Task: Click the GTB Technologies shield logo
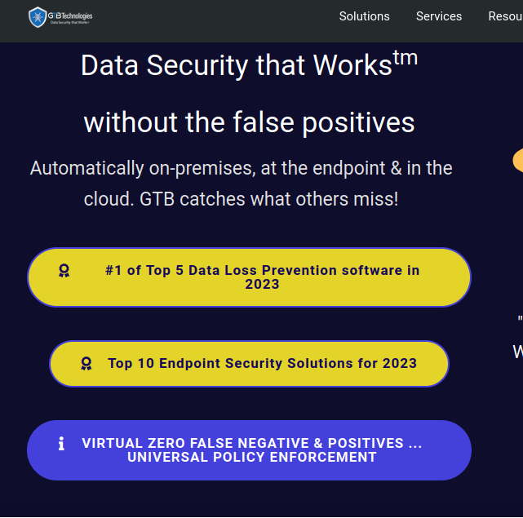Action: coord(38,16)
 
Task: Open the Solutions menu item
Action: coord(364,16)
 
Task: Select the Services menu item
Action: coord(439,16)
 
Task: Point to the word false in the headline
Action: coord(256,123)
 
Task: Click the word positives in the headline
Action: coord(359,123)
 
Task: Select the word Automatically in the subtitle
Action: coord(86,168)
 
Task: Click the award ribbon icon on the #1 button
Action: coord(64,270)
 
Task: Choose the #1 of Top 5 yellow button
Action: coord(249,277)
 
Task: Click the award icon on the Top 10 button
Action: coord(86,363)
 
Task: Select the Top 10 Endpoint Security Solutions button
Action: coord(249,364)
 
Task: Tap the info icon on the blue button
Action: coord(61,444)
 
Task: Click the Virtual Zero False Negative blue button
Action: coord(249,450)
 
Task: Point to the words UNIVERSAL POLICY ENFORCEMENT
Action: coord(252,458)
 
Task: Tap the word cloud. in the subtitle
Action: coord(104,198)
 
